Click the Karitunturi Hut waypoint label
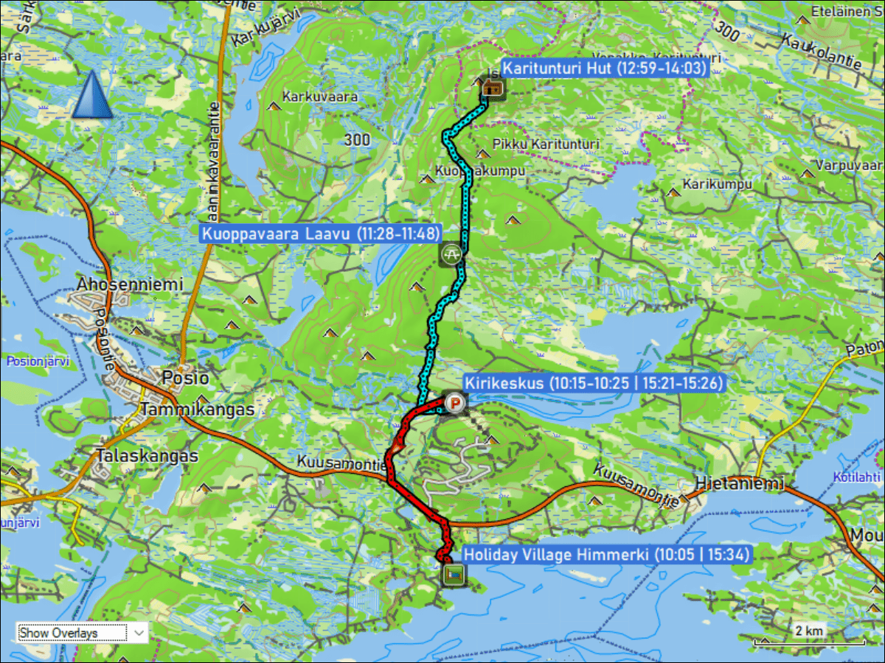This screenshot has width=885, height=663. click(x=604, y=69)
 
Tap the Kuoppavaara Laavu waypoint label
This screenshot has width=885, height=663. click(x=321, y=234)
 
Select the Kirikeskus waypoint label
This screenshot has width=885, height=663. click(x=593, y=383)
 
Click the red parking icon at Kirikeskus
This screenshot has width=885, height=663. click(x=456, y=403)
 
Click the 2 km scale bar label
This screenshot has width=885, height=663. click(x=808, y=631)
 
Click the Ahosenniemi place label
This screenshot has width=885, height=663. click(x=130, y=284)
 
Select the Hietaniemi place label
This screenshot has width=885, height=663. click(x=740, y=484)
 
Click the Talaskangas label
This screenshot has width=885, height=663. click(x=147, y=456)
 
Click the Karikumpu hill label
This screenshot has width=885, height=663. click(x=718, y=184)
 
